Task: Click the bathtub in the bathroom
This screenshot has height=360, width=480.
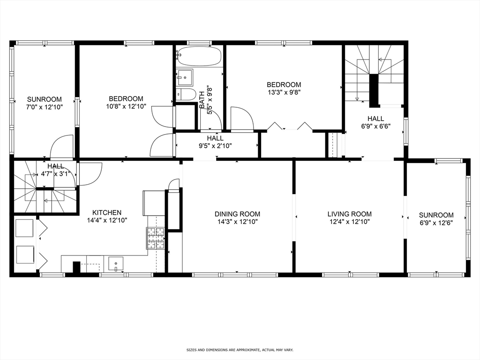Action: tap(200, 56)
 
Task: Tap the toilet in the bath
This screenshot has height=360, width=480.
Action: tap(187, 94)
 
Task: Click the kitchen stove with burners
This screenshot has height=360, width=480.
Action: tap(156, 238)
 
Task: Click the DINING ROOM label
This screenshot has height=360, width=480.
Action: tap(236, 214)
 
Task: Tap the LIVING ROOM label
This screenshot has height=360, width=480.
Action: tap(349, 214)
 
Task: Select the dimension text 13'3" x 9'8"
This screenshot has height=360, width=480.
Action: tap(284, 92)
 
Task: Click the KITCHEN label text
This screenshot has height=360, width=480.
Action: tap(107, 212)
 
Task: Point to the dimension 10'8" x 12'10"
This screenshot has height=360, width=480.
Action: tap(126, 106)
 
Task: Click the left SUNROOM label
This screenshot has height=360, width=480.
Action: tap(45, 99)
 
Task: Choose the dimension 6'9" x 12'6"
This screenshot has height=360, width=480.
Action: tap(436, 223)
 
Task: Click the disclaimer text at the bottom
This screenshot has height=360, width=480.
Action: tap(240, 350)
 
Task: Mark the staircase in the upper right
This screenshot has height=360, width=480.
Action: tap(374, 73)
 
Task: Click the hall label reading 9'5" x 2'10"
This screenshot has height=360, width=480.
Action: tap(215, 142)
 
